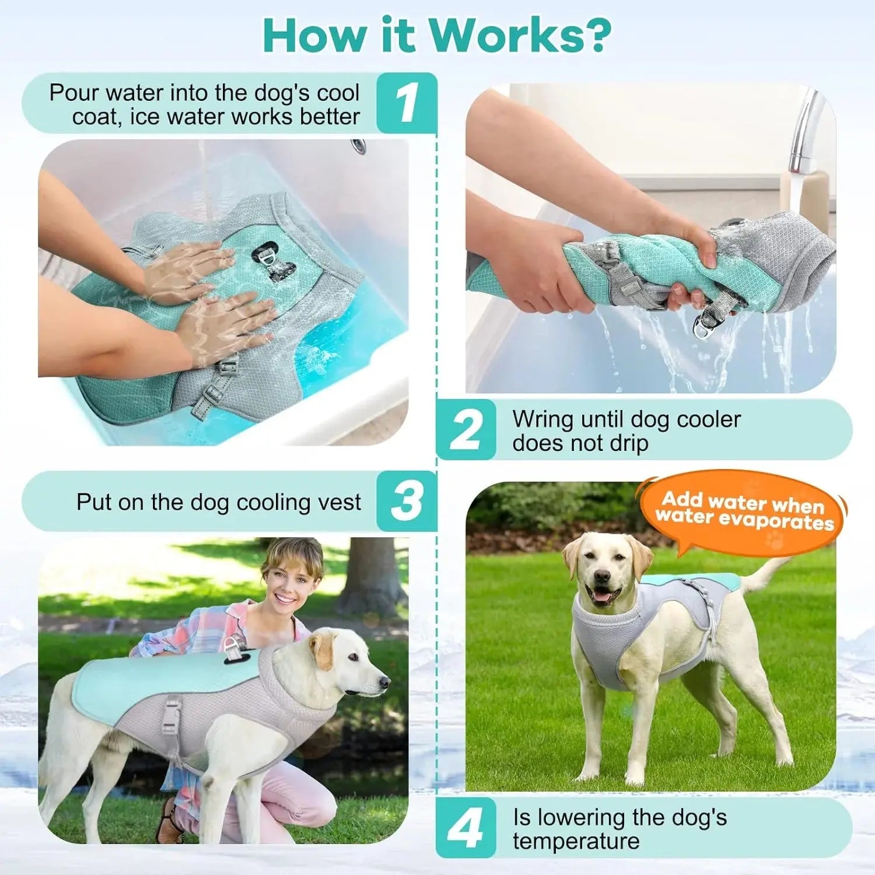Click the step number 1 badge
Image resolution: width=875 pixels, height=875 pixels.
tap(407, 103)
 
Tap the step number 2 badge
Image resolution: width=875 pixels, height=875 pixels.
tap(466, 430)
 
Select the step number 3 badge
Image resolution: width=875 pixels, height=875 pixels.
tap(407, 501)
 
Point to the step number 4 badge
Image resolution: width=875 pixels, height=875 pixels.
tap(466, 828)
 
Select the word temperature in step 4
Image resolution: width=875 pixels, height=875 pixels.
tap(576, 841)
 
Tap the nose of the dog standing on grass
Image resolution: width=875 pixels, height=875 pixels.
tap(601, 577)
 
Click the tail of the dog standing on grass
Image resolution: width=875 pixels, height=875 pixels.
tap(764, 575)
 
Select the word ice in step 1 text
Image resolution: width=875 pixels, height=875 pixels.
tap(142, 117)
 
